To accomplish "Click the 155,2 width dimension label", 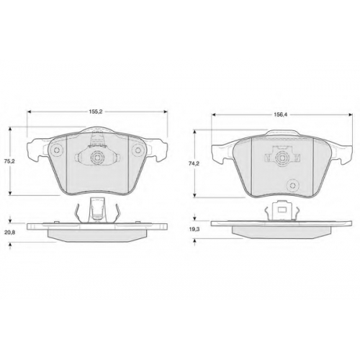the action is click(97, 112).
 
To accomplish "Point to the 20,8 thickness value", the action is click(10, 233).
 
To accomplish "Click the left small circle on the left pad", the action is click(57, 150).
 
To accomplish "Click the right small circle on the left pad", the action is click(138, 150).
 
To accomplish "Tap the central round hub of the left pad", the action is click(97, 158).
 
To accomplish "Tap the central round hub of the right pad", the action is click(282, 158).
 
